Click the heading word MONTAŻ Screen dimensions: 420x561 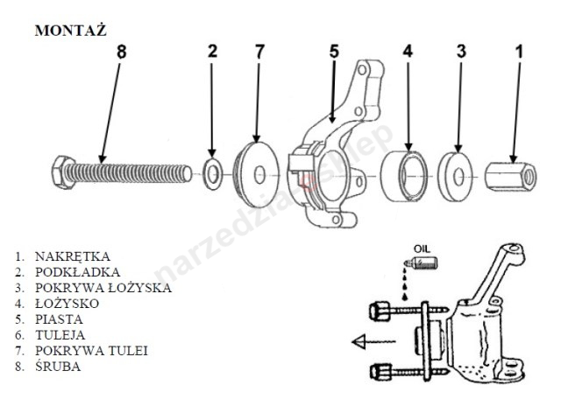70,30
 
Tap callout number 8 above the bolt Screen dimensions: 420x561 121,52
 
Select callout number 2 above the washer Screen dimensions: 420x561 212,52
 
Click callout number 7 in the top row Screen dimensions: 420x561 259,52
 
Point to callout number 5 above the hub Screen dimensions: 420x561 333,52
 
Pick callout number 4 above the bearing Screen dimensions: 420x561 408,52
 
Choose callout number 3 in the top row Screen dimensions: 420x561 461,52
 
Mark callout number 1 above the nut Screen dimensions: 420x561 518,52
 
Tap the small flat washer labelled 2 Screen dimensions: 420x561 211,172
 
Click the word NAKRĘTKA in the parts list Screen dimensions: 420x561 73,257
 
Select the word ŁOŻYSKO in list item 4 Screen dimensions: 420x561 67,304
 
